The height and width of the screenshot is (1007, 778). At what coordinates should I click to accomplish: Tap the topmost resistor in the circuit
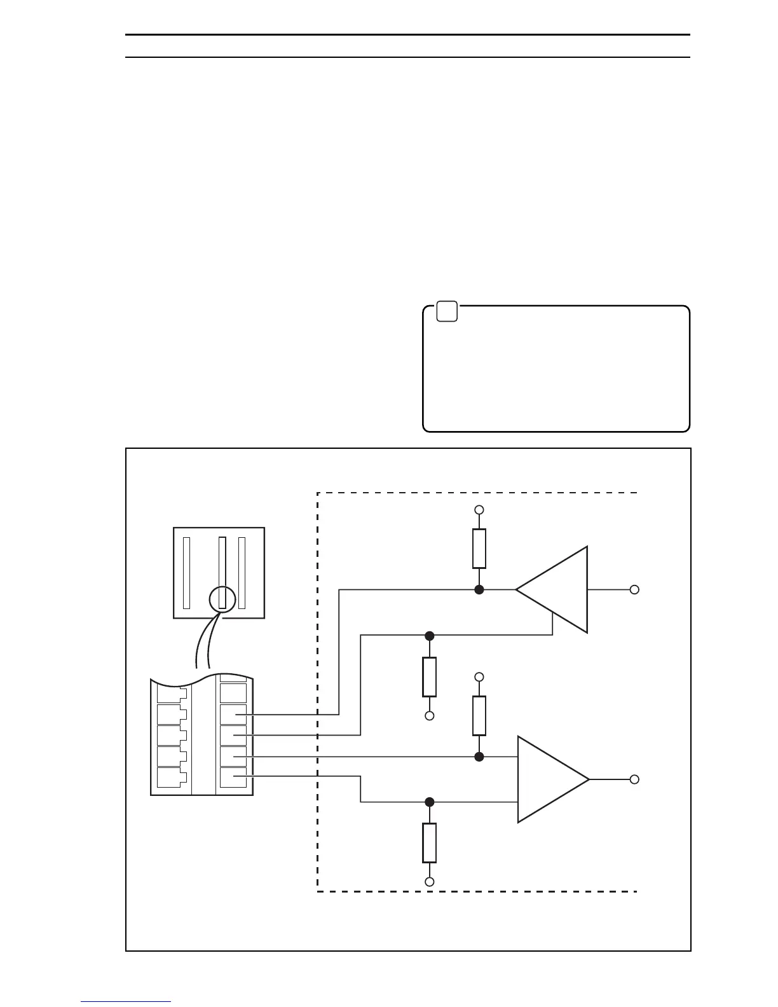pyautogui.click(x=479, y=548)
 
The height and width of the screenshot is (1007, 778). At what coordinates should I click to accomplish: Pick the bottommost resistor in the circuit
pyautogui.click(x=430, y=842)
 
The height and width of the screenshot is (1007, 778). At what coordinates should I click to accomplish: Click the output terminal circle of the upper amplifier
pyautogui.click(x=634, y=590)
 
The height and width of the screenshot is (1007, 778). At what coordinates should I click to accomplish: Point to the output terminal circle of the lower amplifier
pyautogui.click(x=634, y=779)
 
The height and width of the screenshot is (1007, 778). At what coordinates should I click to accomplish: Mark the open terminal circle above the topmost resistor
pyautogui.click(x=479, y=510)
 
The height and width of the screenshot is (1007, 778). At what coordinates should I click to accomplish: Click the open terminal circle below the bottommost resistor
pyautogui.click(x=430, y=882)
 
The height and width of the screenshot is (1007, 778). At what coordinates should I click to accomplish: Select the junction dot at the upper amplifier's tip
pyautogui.click(x=479, y=590)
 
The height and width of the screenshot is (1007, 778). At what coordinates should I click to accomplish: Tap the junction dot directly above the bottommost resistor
pyautogui.click(x=430, y=802)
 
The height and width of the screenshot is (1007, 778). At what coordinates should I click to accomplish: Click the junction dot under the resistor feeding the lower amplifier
pyautogui.click(x=479, y=757)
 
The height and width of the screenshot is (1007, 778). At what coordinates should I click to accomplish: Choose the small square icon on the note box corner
pyautogui.click(x=447, y=312)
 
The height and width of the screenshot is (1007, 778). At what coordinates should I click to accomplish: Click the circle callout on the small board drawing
pyautogui.click(x=222, y=599)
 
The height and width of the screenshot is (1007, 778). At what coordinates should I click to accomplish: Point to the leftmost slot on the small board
pyautogui.click(x=186, y=573)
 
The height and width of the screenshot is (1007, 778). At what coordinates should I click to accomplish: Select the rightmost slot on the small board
pyautogui.click(x=242, y=573)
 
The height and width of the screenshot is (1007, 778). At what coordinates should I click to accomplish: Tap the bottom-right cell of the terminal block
pyautogui.click(x=233, y=778)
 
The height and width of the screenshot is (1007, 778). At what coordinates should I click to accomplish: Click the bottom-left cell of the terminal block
pyautogui.click(x=169, y=778)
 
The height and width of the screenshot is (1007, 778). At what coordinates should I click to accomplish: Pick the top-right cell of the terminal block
pyautogui.click(x=233, y=692)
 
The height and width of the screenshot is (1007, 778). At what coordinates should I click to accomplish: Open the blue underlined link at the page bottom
pyautogui.click(x=126, y=1001)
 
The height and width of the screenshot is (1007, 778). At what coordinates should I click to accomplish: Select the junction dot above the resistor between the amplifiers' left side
pyautogui.click(x=430, y=636)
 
